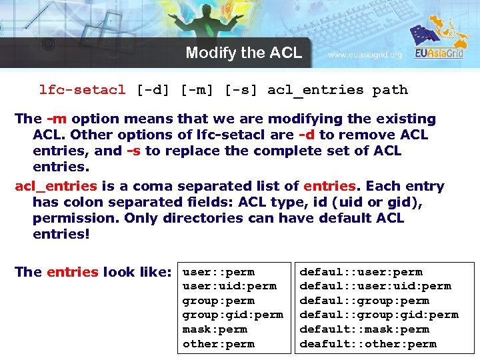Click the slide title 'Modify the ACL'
click(x=243, y=53)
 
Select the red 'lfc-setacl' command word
click(x=82, y=90)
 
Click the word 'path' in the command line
click(x=390, y=90)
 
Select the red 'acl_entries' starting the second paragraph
click(x=56, y=187)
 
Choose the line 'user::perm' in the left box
click(x=218, y=272)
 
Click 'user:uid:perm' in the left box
click(x=229, y=286)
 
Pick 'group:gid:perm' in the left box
click(x=233, y=315)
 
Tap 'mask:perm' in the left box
click(x=215, y=329)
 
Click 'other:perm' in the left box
click(x=218, y=344)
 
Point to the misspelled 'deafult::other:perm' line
click(x=377, y=344)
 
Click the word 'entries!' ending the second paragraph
click(x=61, y=235)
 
